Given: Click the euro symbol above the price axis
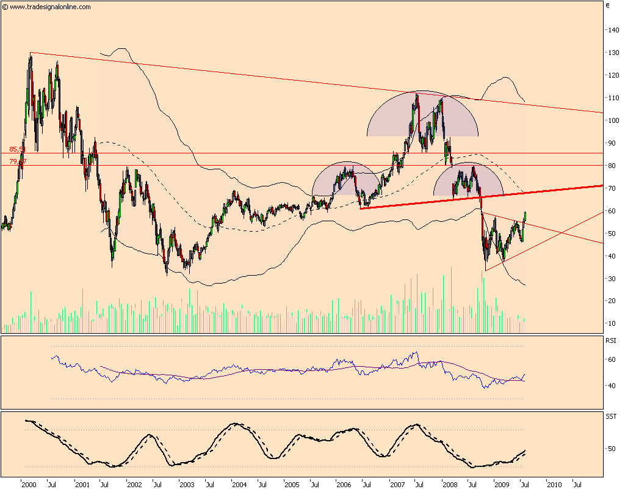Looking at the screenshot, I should [608, 6].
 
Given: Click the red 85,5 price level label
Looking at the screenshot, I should [17, 149].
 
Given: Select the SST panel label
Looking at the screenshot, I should [610, 416].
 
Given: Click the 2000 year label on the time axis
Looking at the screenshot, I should [28, 484].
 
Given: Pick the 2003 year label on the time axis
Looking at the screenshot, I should [187, 484].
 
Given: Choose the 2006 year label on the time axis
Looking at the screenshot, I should [344, 484].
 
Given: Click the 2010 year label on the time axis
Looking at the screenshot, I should [554, 484].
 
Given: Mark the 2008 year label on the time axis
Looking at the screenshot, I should [449, 484].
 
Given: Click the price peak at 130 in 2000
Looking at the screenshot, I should [31, 54].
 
